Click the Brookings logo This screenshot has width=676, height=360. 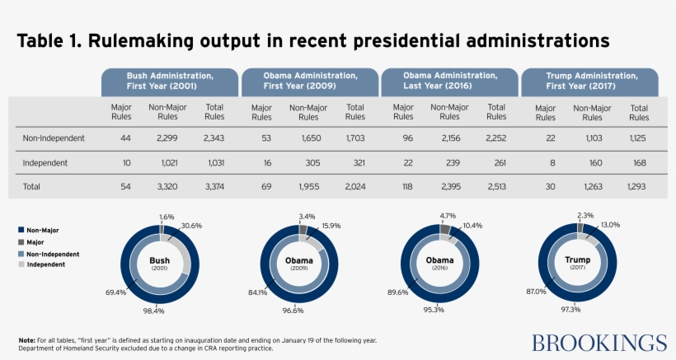click(x=599, y=343)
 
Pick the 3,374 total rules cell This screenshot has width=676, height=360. click(x=214, y=187)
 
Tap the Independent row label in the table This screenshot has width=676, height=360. click(x=45, y=163)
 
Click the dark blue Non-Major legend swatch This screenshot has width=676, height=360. click(x=21, y=231)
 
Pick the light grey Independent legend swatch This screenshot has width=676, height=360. click(x=21, y=266)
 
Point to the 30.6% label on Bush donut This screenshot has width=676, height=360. click(x=190, y=226)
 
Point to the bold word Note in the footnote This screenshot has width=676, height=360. click(x=26, y=339)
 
